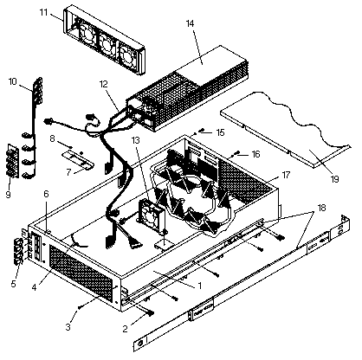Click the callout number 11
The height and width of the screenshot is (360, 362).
click(x=43, y=13)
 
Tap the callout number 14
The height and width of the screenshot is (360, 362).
click(x=190, y=23)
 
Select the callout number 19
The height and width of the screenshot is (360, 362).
click(x=334, y=179)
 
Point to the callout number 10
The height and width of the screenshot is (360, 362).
click(x=13, y=81)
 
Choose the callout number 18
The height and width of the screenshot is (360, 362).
click(x=321, y=208)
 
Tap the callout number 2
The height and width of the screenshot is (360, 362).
click(x=125, y=329)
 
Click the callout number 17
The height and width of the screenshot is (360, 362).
click(x=286, y=175)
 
